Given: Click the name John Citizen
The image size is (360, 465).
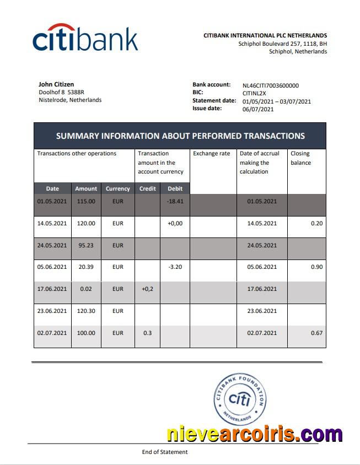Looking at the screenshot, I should click(x=56, y=84).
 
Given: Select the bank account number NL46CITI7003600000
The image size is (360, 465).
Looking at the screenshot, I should click(x=270, y=85).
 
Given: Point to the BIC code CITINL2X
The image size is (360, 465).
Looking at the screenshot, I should click(x=254, y=93).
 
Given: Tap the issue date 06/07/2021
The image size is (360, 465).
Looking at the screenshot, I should click(x=258, y=109).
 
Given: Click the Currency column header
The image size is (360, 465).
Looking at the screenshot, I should click(x=118, y=188).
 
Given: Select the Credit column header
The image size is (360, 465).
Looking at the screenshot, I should click(x=148, y=188).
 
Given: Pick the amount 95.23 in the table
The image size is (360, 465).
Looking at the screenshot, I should click(x=85, y=245).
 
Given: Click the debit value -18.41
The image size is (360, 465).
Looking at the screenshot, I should click(x=175, y=201).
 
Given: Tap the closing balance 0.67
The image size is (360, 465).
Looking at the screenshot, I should click(x=316, y=333).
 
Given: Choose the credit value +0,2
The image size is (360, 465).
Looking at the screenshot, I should click(x=148, y=289).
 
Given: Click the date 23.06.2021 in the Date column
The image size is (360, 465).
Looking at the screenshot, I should click(x=52, y=311).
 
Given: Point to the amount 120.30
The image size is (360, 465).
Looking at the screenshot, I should click(x=85, y=311).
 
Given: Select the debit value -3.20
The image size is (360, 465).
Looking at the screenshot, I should click(x=175, y=267).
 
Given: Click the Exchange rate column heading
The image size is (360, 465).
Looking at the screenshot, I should click(x=211, y=154).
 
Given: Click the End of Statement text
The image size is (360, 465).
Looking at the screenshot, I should click(x=165, y=452).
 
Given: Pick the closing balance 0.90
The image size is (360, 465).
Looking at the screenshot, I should click(x=316, y=267).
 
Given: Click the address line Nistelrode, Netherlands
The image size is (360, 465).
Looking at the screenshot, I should click(x=70, y=100).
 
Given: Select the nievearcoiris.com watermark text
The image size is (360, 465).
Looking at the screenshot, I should click(x=254, y=434).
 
